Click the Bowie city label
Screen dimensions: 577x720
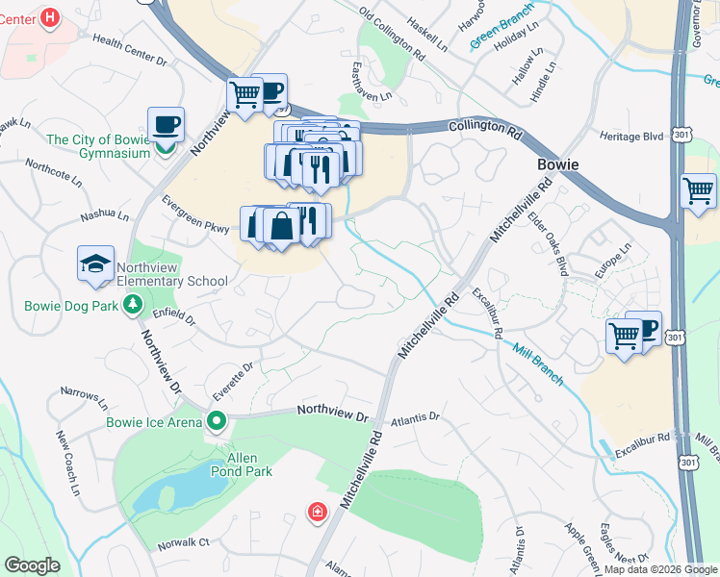(557, 164)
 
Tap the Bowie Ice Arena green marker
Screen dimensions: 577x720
(217, 421)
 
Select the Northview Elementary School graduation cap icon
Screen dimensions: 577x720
(95, 263)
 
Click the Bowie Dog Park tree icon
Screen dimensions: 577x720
(133, 307)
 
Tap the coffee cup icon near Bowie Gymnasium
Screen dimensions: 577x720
(166, 124)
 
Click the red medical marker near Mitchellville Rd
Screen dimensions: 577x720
(316, 512)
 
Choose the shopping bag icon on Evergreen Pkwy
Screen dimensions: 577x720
(281, 227)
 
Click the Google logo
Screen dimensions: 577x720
(33, 565)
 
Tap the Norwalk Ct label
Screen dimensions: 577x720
(184, 542)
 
